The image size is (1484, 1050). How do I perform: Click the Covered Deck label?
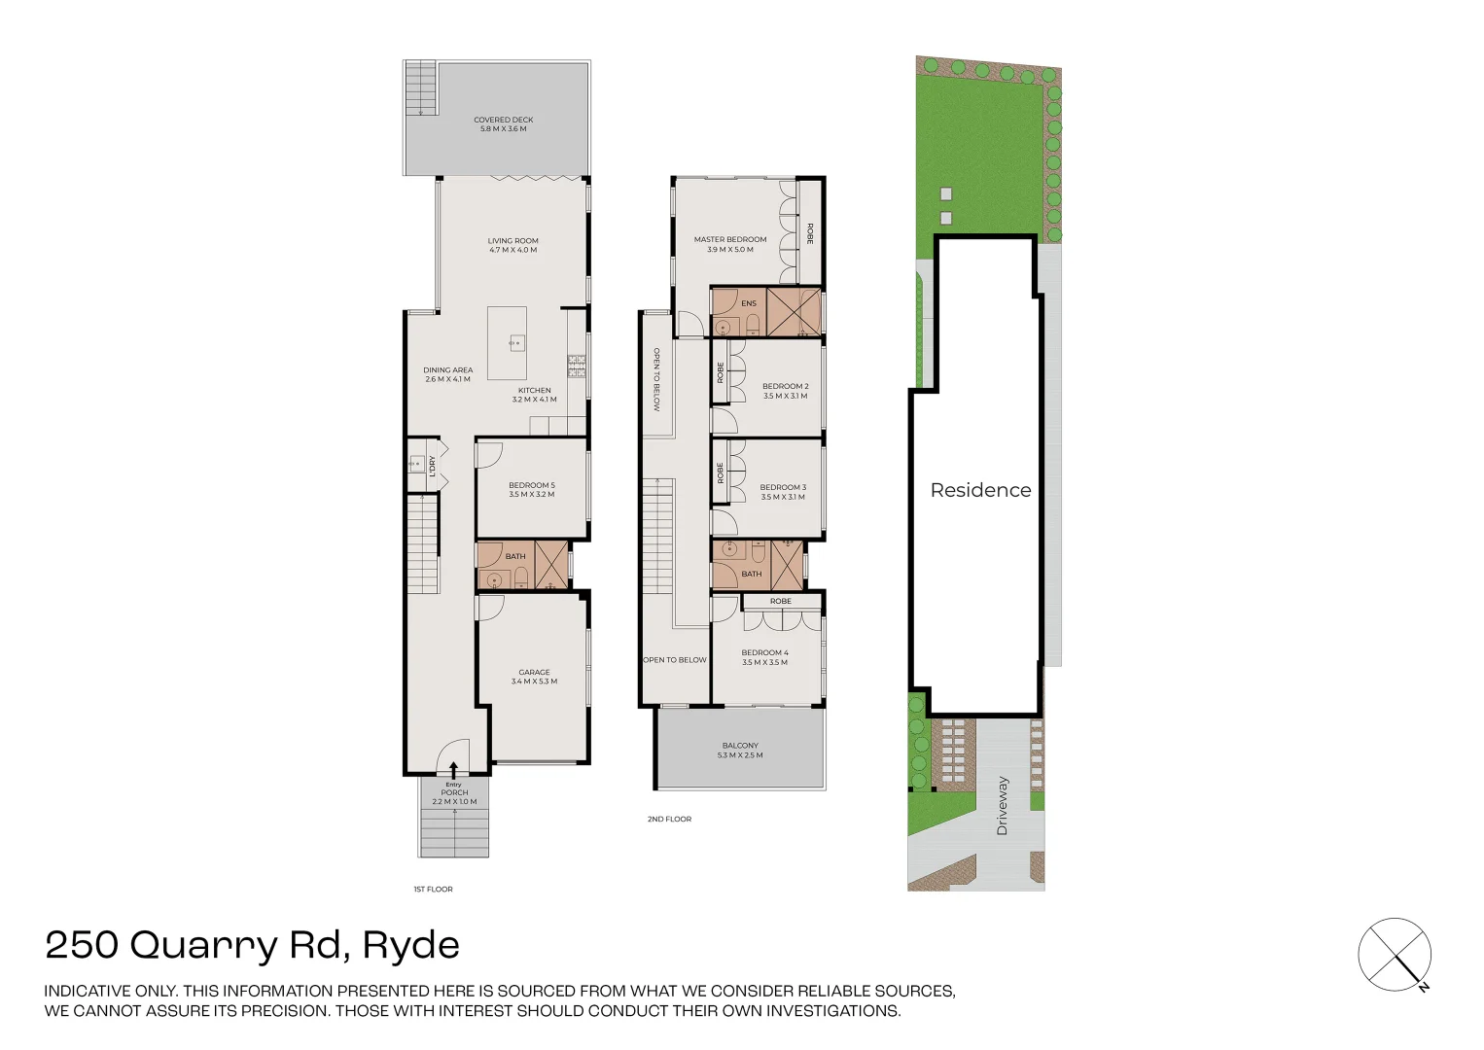[x=503, y=124]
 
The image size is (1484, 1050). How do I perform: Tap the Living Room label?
[x=512, y=245]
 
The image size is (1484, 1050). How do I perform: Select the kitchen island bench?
[x=507, y=343]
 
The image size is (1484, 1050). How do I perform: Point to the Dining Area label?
[x=447, y=374]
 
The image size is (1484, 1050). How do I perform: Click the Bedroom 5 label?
[x=531, y=489]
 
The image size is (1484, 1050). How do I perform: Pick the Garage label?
[x=534, y=677]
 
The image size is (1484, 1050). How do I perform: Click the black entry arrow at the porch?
[x=453, y=770]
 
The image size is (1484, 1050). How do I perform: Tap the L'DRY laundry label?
[x=432, y=467]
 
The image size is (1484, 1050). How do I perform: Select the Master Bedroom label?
[x=729, y=244]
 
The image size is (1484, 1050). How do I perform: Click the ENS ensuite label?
[x=748, y=303]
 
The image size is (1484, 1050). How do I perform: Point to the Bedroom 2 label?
[x=785, y=391]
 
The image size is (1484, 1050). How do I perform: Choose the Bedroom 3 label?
[x=783, y=492]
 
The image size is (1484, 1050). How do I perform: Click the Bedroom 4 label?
[x=764, y=657]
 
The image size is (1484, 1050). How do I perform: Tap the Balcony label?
[x=740, y=750]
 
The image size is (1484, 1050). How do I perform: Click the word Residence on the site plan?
[x=980, y=490]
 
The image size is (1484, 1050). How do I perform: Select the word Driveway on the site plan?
[x=1002, y=805]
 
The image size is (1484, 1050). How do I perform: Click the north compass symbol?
[x=1395, y=955]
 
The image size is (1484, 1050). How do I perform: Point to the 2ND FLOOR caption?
[x=669, y=819]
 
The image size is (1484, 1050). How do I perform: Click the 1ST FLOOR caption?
[x=433, y=889]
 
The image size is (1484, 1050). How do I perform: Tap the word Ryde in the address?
[x=410, y=945]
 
